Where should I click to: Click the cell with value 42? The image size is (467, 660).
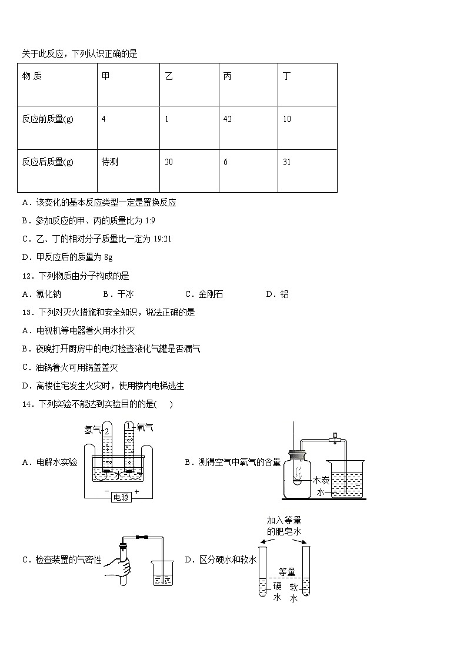pos(228,119)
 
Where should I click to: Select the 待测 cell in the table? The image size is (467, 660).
pos(110,162)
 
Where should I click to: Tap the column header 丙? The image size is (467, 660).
pos(227,76)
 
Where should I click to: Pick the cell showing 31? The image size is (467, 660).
pos(286,162)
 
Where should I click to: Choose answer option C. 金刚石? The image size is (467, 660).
pos(204,294)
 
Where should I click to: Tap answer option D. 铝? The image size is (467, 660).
pos(277,294)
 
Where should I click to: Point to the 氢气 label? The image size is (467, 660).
pos(92,430)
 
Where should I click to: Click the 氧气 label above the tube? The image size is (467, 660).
pos(145,427)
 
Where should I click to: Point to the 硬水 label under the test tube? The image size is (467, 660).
pos(278,591)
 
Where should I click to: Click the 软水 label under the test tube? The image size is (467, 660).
pos(294,591)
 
